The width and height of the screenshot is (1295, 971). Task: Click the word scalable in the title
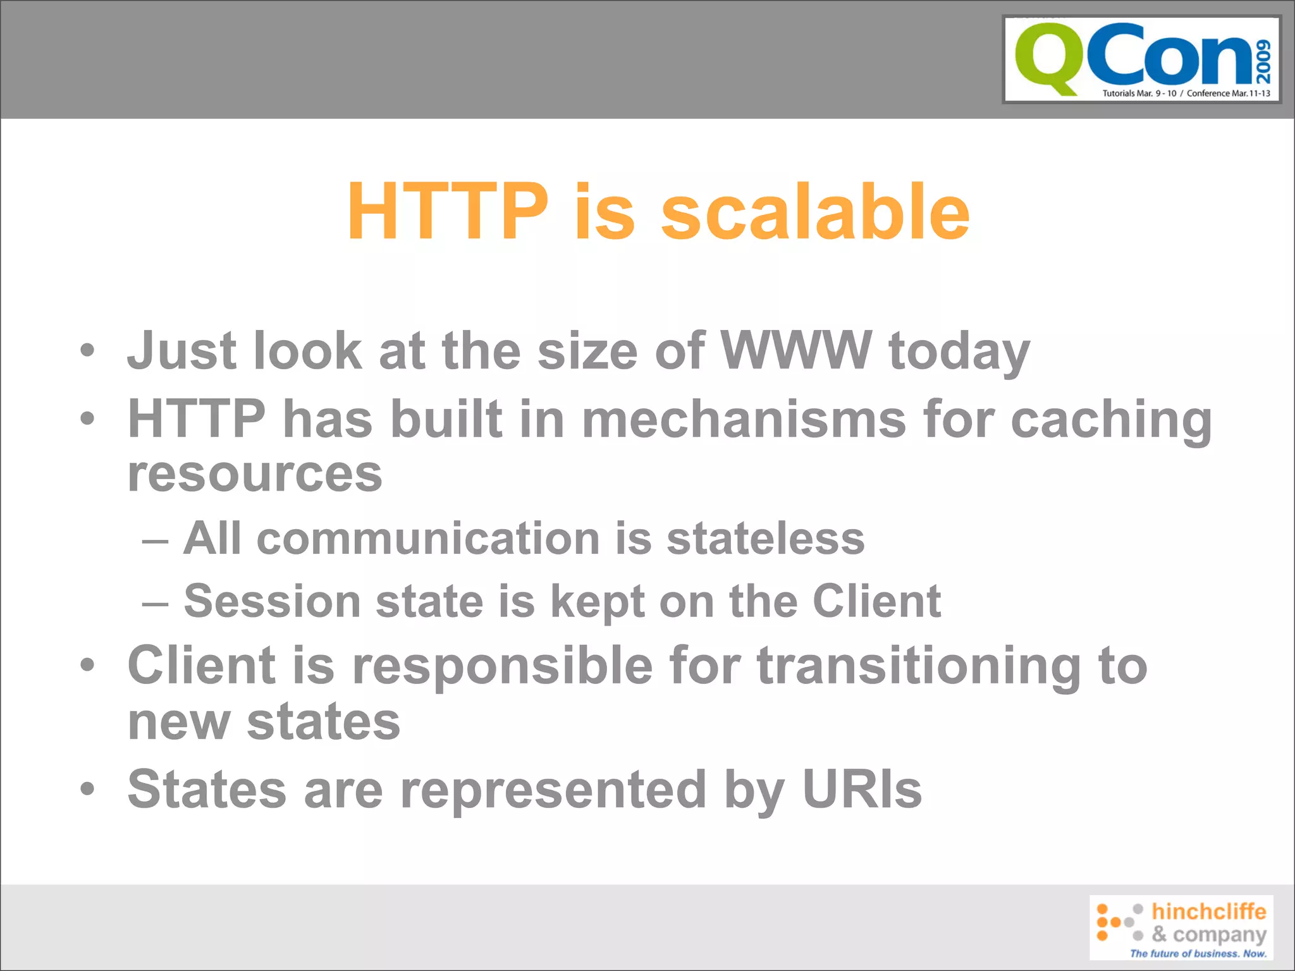(x=815, y=212)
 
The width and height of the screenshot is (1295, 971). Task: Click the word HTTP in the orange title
(x=448, y=212)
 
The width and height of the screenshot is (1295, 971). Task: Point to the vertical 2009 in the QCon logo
(x=1263, y=61)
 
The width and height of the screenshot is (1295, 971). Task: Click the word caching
(x=1111, y=420)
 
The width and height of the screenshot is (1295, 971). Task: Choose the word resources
(x=255, y=474)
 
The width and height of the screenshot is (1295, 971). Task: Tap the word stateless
(x=766, y=539)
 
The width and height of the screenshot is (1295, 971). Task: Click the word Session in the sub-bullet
(x=272, y=601)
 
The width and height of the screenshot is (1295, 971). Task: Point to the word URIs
(x=862, y=789)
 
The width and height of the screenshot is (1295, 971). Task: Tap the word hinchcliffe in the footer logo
(x=1208, y=911)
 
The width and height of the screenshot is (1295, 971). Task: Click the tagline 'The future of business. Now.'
(x=1198, y=953)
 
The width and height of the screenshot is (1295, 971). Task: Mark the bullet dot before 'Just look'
(x=87, y=350)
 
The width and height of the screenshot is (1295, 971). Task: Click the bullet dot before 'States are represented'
(x=87, y=788)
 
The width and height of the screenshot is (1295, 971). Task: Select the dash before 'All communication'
(x=155, y=542)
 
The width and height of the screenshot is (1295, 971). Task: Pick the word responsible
(x=503, y=666)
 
